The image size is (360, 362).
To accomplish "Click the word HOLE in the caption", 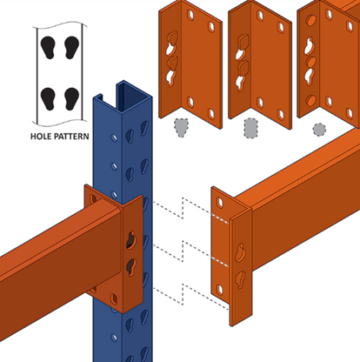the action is click(39, 136).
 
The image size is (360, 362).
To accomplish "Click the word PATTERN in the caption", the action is click(70, 136).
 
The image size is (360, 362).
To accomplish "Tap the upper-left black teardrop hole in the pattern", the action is click(48, 48).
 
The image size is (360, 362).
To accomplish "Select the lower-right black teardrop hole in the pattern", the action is click(71, 98).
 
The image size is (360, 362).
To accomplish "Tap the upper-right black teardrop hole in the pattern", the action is click(71, 48).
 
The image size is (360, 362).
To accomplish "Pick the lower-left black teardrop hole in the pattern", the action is click(48, 98).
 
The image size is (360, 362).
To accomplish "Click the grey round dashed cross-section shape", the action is click(319, 130).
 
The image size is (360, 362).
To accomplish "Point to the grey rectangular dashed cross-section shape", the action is click(251, 128).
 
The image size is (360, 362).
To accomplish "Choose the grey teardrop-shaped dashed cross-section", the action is click(181, 127).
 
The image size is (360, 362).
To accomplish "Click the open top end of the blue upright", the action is click(123, 94).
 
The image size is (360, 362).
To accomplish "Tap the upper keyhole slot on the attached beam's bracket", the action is click(131, 240).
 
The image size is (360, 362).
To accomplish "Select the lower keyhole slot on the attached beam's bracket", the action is click(131, 266).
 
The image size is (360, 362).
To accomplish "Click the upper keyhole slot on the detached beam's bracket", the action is click(240, 252).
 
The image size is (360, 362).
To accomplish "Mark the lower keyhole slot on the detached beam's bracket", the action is click(240, 279).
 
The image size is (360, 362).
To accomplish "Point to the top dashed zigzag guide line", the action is click(190, 211).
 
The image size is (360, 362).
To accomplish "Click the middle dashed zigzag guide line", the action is click(190, 253).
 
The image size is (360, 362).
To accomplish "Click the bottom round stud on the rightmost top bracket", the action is click(311, 100).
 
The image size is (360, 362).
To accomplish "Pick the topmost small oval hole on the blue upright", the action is click(115, 137).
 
